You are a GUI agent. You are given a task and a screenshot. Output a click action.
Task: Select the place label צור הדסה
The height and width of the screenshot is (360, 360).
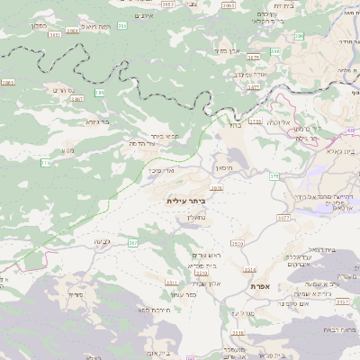coord(143,144)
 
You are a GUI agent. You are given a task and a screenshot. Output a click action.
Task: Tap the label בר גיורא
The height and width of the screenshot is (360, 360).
coord(97,121)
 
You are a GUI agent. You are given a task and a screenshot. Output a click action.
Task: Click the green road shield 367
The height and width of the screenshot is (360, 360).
coord(132,242)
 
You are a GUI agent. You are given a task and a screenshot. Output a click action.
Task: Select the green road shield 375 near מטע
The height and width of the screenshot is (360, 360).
coord(45,162)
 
